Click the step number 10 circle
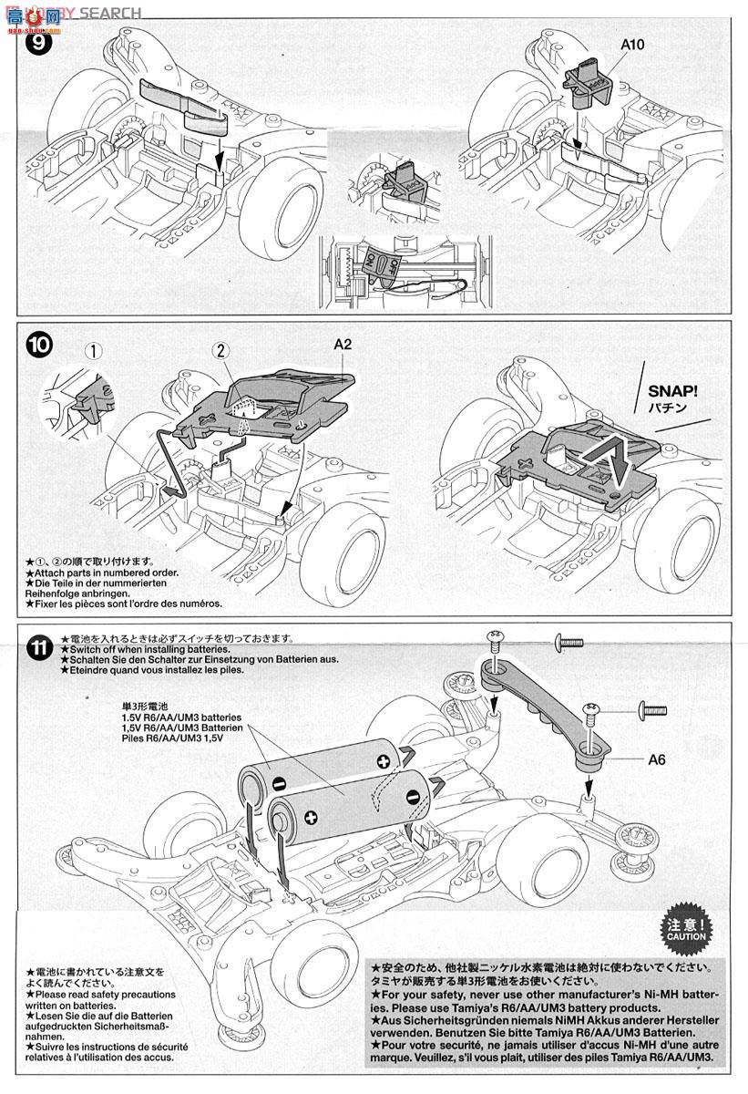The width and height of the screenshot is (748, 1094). coord(41,346)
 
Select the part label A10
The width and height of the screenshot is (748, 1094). coord(607,43)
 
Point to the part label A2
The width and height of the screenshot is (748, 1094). coord(343,344)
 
